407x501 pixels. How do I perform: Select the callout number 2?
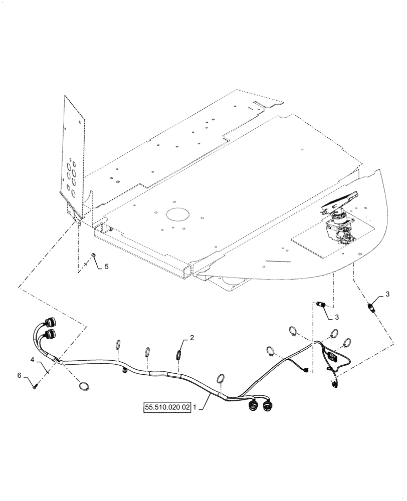(x=191, y=339)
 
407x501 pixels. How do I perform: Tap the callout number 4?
(x=32, y=360)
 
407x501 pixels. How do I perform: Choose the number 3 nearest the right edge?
(x=387, y=293)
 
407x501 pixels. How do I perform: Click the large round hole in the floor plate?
(x=175, y=214)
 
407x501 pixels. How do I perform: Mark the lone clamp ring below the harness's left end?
(x=84, y=386)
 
